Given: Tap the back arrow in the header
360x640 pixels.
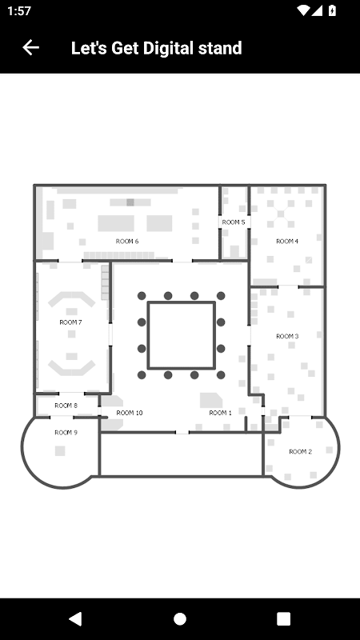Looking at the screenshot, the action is [30, 48].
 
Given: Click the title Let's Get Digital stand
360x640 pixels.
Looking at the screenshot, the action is [156, 48].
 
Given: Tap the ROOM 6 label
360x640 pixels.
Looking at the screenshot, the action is [127, 242].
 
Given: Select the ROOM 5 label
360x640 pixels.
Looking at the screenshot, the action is [234, 222].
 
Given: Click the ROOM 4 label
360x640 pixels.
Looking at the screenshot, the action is [287, 242].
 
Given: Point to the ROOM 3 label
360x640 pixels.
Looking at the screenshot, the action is [287, 336].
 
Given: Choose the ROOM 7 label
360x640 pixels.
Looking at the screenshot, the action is [70, 322].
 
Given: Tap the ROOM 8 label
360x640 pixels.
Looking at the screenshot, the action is [66, 406].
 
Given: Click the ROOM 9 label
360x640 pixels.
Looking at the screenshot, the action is [66, 433].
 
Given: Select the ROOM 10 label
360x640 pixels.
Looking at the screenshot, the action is [130, 413].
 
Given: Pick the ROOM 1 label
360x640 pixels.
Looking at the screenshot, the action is [221, 413].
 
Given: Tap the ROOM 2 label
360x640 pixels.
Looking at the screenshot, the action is [301, 451].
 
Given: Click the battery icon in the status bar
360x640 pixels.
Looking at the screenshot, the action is [332, 10].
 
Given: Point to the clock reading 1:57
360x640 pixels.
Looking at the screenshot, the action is [18, 11].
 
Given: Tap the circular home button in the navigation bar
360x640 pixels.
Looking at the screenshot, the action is [180, 618].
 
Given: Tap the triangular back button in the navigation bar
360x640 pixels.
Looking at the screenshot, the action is [75, 618].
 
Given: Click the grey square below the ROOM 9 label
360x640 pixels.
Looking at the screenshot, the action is [60, 450].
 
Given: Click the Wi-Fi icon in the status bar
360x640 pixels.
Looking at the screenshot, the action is [303, 10].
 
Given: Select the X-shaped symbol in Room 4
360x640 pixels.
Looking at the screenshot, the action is [282, 213].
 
